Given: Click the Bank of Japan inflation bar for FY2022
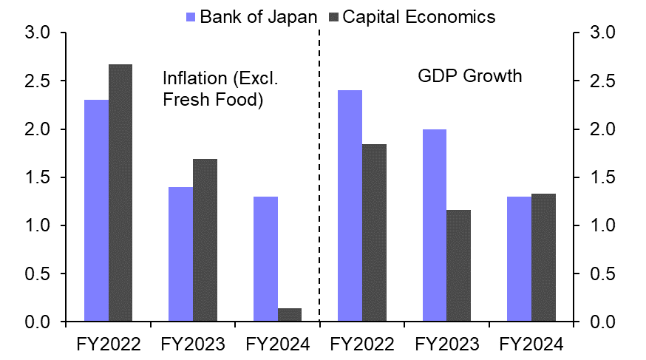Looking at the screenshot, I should [96, 211].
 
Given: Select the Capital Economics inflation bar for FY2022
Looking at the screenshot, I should [120, 193].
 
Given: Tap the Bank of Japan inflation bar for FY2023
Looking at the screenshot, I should [180, 254].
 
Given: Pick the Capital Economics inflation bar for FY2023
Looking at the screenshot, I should [205, 240].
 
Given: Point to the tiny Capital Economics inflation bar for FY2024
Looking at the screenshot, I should [290, 315].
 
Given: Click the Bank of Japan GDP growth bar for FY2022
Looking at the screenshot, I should [350, 206].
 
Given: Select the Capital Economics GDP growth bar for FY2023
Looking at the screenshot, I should [458, 266].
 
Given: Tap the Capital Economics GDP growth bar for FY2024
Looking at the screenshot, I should [543, 258].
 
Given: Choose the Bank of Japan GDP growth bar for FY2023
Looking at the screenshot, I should [434, 225].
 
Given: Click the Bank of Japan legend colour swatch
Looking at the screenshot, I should [191, 16].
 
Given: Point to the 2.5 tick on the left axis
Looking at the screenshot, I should [35, 81].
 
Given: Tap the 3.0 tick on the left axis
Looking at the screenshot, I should [35, 33].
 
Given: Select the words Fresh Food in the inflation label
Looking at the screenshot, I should [213, 99].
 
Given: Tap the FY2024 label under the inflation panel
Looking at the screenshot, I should [277, 344].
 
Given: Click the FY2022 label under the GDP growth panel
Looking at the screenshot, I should [362, 344].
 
